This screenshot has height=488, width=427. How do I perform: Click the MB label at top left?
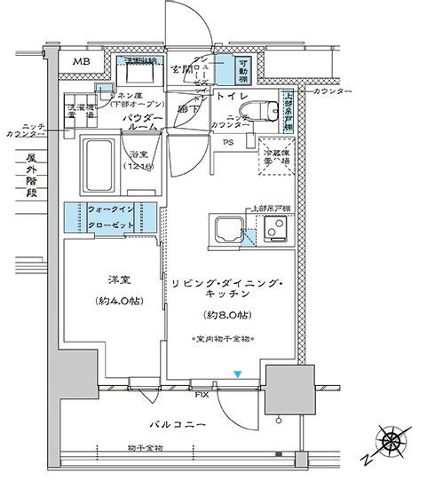(x=82, y=61)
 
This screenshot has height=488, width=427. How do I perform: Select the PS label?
(x=228, y=143)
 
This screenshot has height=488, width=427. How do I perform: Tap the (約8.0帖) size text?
(x=225, y=315)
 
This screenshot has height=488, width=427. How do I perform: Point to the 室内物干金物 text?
(x=225, y=340)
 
